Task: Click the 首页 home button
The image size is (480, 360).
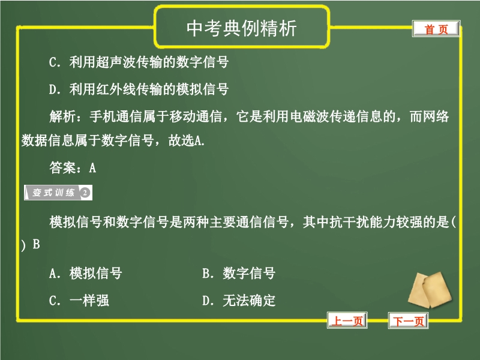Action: point(436,29)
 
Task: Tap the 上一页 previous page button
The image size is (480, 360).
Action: point(347,320)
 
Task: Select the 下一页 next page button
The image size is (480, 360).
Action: point(408,320)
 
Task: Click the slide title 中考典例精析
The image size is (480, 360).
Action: point(242,28)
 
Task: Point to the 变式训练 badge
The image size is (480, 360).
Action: point(58,193)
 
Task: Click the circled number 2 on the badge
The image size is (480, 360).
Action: point(85,193)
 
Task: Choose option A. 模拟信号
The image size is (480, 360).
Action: point(85,273)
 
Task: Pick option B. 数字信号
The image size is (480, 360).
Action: point(239,273)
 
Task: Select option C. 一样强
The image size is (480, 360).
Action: point(79,301)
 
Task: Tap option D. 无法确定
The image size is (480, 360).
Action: point(239,301)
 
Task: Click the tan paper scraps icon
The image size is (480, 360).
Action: point(430,290)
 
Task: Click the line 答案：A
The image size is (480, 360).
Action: point(73,167)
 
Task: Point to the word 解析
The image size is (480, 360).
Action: point(62,116)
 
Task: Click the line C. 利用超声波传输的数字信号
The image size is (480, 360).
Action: point(139,62)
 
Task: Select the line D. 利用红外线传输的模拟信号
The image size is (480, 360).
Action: point(139,89)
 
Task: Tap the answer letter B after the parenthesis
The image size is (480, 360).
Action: point(37,244)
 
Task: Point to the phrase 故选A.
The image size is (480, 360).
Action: point(186,140)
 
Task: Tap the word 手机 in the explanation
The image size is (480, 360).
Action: point(103,116)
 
